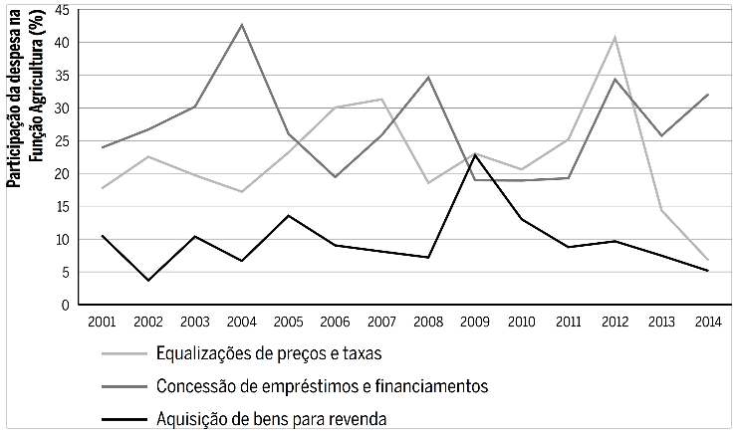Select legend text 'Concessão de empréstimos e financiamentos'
coord(321,385)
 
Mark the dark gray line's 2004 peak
coord(242,25)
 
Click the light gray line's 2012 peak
coord(614,38)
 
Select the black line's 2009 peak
coord(474,154)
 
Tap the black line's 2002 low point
coord(148,280)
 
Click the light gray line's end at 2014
coord(707,260)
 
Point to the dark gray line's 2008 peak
coord(428,77)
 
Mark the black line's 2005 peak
coord(288,215)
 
